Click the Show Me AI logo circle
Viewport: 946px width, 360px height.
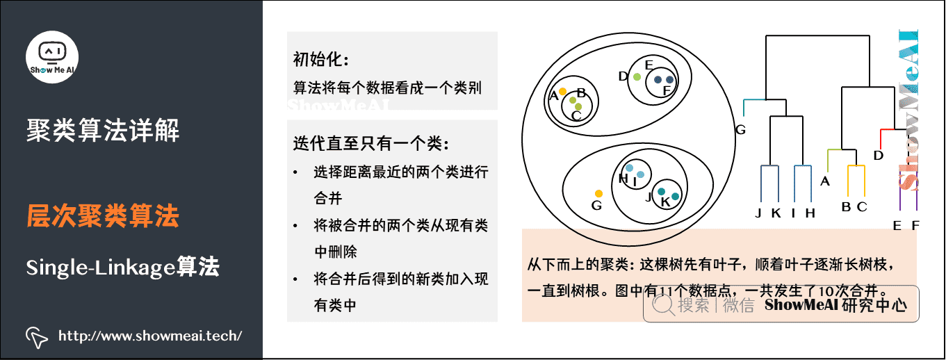coord(52,58)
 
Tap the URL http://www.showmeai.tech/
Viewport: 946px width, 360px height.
coord(150,336)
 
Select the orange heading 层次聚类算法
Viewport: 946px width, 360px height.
coord(103,216)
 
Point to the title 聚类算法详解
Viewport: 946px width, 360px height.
coord(103,129)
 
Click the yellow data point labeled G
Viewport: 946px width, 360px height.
coord(598,193)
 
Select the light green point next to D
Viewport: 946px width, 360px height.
coord(637,77)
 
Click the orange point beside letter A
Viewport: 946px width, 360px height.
coord(562,92)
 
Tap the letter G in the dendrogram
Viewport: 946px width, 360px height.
coord(740,129)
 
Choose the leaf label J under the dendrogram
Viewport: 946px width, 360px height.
coord(759,213)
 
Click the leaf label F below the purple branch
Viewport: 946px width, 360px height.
coord(915,224)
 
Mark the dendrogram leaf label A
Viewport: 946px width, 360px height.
coord(825,181)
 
